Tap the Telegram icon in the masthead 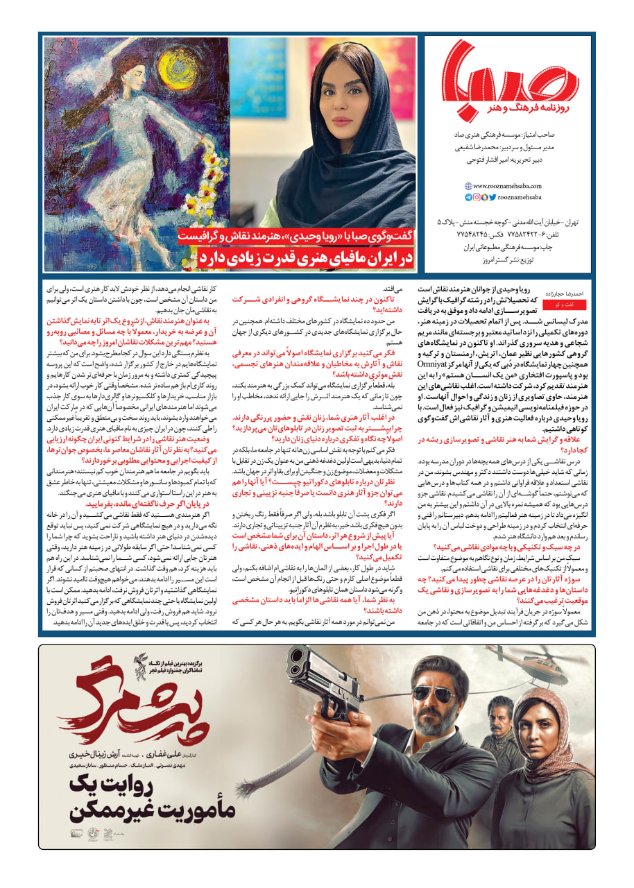(x=468, y=197)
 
